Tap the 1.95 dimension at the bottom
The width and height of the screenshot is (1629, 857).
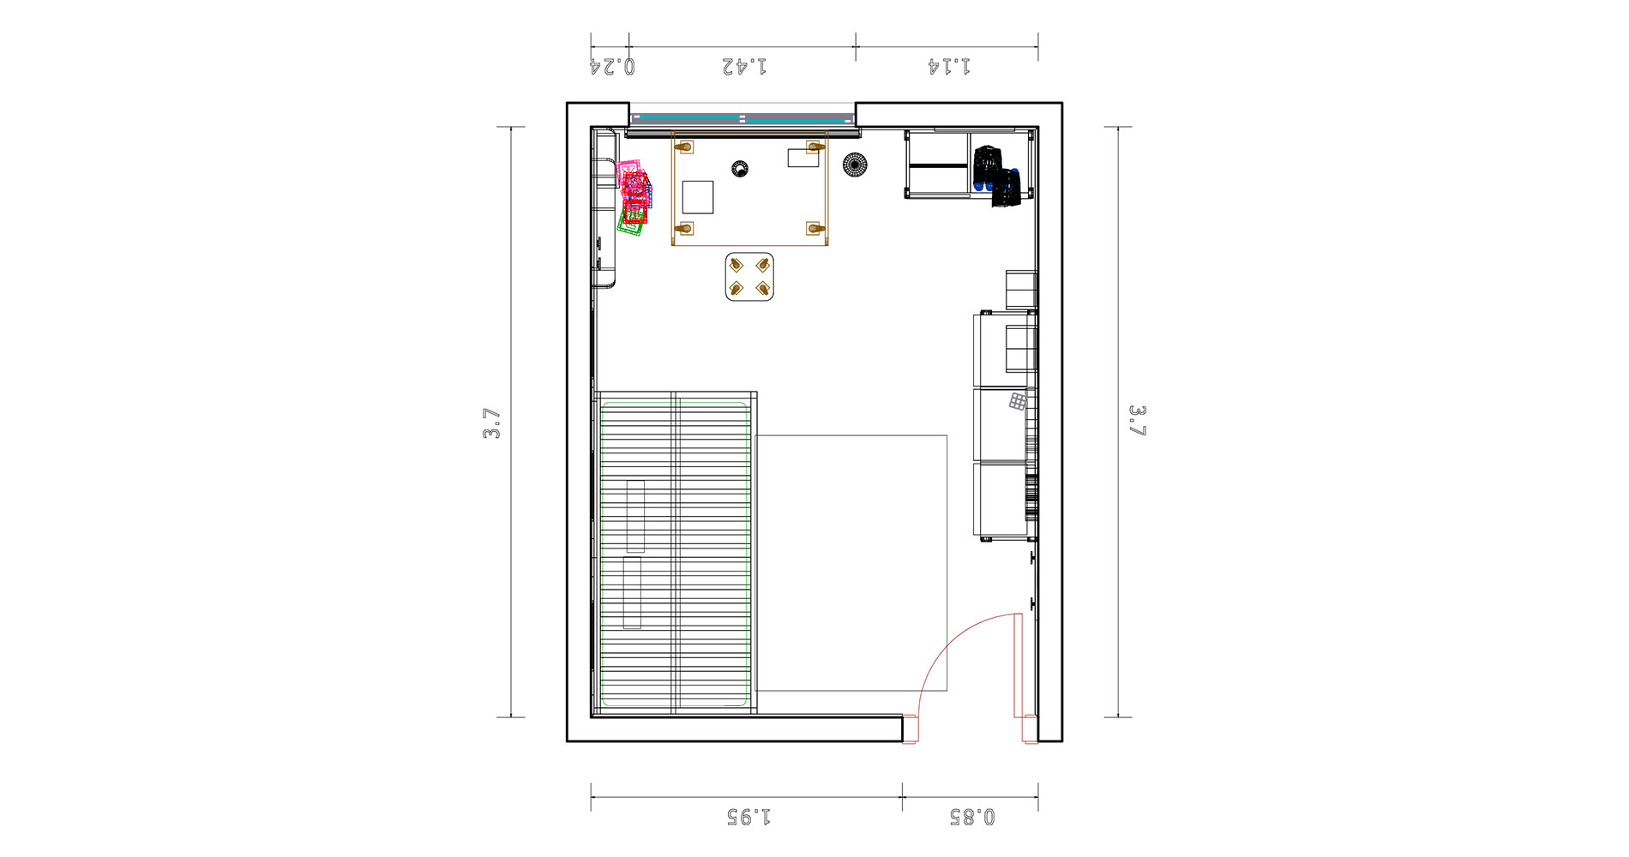click(x=748, y=817)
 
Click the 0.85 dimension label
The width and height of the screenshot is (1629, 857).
click(x=972, y=817)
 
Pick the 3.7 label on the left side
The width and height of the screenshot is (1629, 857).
click(x=492, y=423)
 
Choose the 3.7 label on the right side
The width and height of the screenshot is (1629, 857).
click(x=1137, y=421)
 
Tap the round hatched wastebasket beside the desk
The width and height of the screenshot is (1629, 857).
click(x=855, y=164)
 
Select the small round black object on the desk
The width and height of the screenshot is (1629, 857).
click(x=740, y=169)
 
